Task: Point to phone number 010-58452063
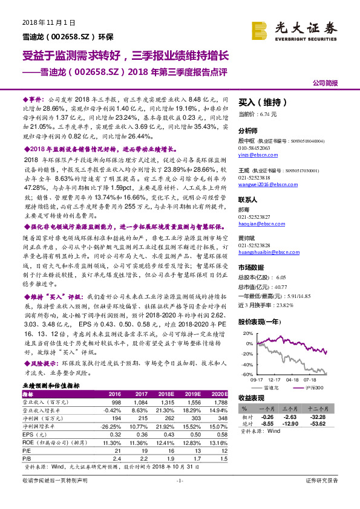[x=255, y=147]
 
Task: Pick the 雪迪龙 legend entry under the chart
[x=273, y=387]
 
